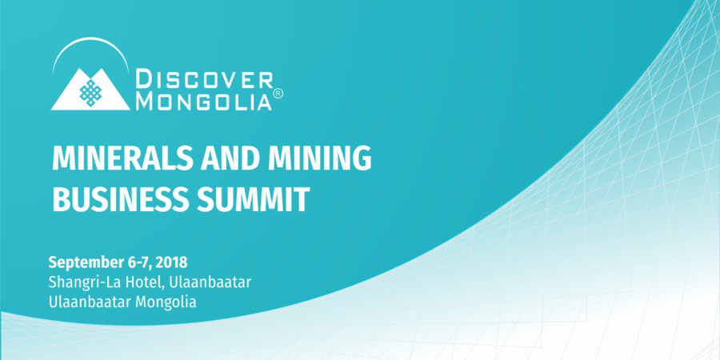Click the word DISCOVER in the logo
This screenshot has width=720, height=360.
tap(205, 79)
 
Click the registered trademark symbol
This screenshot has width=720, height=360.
tap(278, 94)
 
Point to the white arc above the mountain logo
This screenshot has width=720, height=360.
tap(90, 38)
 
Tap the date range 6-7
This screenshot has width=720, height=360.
tap(138, 262)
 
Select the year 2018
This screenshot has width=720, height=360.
tap(171, 262)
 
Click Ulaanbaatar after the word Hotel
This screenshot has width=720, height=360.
tap(210, 282)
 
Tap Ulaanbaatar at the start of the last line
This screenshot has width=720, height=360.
tap(90, 302)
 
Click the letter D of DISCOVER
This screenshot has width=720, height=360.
tap(144, 79)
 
